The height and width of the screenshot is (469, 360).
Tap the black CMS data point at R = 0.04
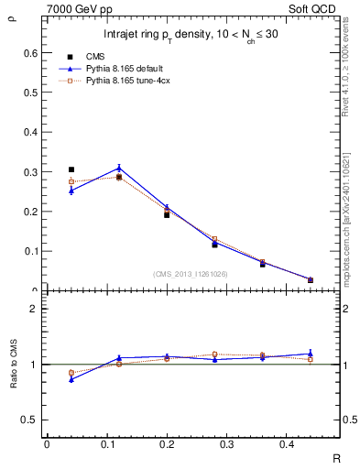[71, 169]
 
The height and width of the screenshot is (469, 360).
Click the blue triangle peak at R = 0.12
[119, 168]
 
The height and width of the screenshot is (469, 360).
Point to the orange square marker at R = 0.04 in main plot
[71, 181]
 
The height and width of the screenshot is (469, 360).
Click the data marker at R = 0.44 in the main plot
[311, 279]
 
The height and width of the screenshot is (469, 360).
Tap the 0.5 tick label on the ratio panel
[29, 420]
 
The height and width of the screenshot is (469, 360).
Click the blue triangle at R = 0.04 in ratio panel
[71, 378]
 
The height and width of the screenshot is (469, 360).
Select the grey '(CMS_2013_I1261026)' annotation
[191, 273]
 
